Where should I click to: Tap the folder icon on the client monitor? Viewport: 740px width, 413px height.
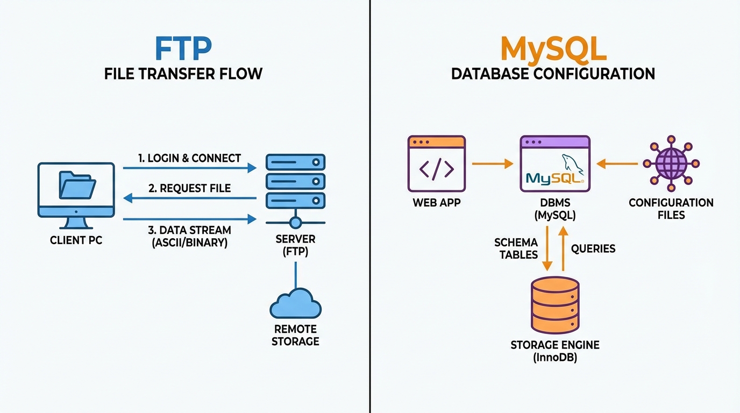[76, 186]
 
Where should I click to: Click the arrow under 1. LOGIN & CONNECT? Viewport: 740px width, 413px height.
[189, 168]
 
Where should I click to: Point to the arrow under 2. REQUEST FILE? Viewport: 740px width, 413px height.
[189, 198]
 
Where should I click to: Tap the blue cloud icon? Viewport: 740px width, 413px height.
[295, 304]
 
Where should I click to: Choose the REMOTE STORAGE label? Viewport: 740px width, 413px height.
[295, 335]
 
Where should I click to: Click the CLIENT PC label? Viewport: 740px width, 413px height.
[76, 240]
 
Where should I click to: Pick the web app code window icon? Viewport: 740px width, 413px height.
[437, 163]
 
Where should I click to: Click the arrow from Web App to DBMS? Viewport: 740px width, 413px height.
[492, 163]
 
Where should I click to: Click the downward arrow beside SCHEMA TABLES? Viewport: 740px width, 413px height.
[547, 248]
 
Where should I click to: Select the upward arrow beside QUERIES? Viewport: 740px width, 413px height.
[563, 248]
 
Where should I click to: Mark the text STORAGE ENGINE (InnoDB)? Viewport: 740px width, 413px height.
[554, 351]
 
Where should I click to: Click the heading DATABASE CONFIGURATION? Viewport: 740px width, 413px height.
[553, 73]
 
